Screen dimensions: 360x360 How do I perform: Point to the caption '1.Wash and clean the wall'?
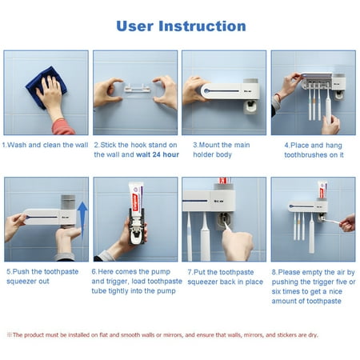tap(45, 145)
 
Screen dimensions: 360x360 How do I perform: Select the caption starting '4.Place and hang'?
tap(313, 150)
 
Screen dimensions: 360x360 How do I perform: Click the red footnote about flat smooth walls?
tap(179, 334)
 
